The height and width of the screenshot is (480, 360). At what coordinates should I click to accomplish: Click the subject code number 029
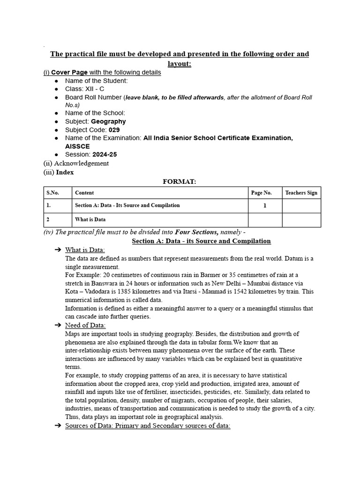(114, 130)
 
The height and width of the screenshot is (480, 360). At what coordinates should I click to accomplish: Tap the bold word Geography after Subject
(108, 121)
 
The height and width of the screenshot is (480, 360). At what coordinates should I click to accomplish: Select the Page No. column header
(261, 193)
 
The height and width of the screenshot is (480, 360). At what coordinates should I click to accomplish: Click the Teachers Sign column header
(301, 193)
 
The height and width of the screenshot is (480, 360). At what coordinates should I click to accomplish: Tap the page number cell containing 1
(265, 206)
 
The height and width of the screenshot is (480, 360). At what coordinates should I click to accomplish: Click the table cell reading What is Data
(90, 219)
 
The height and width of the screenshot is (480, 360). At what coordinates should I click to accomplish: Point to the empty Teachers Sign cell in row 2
(301, 219)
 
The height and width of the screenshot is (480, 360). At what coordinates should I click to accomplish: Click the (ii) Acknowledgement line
(76, 163)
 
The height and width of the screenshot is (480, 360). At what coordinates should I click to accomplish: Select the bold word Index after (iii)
(65, 172)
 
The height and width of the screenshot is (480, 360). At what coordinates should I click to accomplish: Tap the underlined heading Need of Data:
(85, 325)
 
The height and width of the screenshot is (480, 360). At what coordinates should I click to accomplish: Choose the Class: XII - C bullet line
(84, 89)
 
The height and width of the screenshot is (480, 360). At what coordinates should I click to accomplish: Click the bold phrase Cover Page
(69, 72)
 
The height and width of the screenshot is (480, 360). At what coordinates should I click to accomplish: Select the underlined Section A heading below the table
(201, 241)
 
